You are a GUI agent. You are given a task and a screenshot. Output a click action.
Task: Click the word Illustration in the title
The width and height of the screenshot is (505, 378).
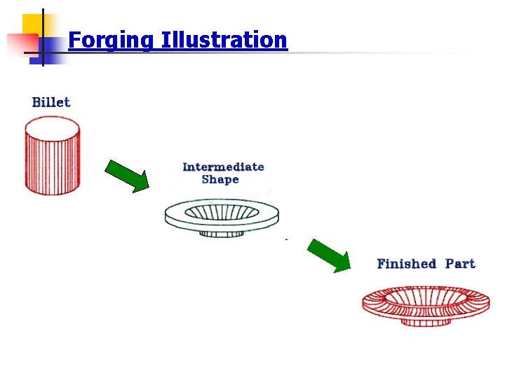click(x=224, y=40)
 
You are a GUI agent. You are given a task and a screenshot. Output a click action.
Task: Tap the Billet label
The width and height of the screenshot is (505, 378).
click(x=51, y=102)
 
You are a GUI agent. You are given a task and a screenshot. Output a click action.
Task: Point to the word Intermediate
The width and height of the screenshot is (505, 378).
click(x=223, y=167)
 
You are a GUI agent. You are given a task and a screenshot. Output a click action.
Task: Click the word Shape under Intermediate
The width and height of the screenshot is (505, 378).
click(x=220, y=180)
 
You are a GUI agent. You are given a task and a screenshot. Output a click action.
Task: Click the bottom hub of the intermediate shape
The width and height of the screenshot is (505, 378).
click(x=222, y=232)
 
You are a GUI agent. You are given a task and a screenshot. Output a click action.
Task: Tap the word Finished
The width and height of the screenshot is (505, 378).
click(x=406, y=264)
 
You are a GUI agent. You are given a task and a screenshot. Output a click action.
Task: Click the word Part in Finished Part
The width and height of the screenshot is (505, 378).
click(x=460, y=264)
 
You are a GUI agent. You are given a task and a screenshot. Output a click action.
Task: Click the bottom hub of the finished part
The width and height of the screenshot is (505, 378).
click(x=426, y=321)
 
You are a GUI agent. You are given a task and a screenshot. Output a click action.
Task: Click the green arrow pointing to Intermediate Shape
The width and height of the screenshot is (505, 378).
click(x=127, y=175)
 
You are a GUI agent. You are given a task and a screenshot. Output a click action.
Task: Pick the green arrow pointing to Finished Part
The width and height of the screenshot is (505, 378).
click(x=329, y=255)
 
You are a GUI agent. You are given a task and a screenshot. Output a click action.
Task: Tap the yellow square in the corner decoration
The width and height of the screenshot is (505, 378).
click(x=32, y=24)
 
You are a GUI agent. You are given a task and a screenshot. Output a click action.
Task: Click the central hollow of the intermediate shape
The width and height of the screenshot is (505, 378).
click(x=222, y=209)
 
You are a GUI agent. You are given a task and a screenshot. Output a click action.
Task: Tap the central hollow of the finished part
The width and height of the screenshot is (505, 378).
click(x=426, y=297)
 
